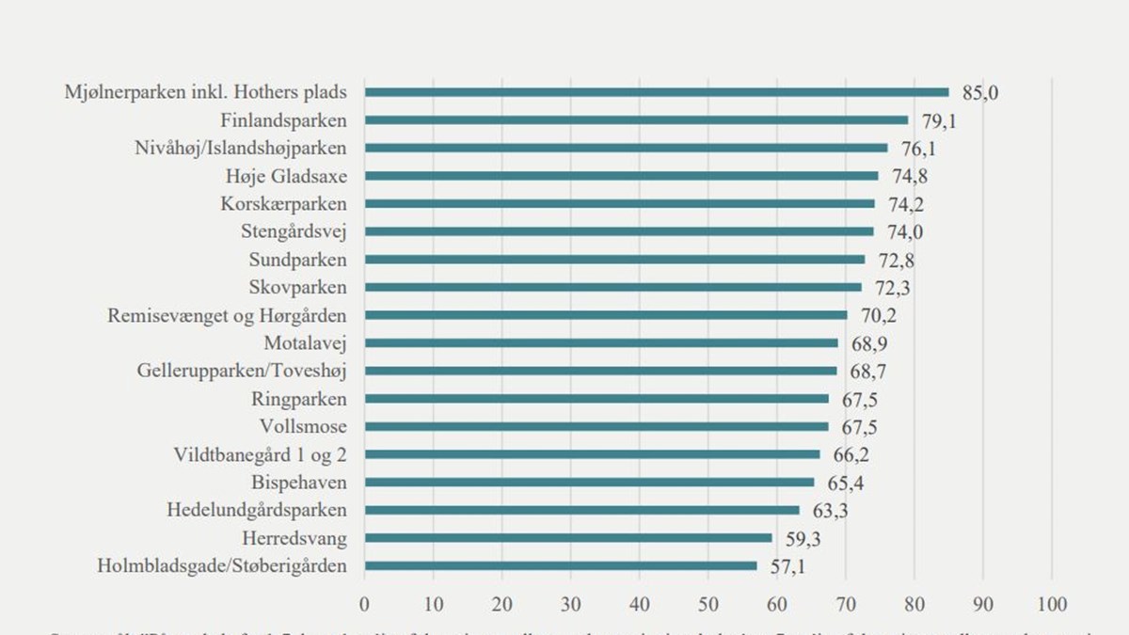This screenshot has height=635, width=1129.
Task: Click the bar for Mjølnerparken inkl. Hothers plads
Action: tap(657, 92)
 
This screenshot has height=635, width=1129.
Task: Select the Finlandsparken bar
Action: tap(636, 120)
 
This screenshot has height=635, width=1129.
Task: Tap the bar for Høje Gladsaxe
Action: tap(621, 176)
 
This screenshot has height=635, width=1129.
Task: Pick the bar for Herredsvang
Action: tap(568, 538)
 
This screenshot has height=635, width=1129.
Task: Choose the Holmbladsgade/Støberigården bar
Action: tap(561, 566)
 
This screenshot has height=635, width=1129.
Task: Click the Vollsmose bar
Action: tap(596, 426)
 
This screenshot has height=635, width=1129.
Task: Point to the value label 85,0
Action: tap(979, 92)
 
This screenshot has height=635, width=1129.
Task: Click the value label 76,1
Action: tap(918, 149)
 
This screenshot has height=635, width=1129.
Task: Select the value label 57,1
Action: tap(787, 566)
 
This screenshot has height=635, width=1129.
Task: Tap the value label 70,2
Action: tap(878, 315)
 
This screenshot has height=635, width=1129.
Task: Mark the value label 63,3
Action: tap(830, 511)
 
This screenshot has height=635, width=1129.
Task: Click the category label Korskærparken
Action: tap(283, 204)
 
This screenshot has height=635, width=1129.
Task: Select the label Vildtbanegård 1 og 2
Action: tap(260, 454)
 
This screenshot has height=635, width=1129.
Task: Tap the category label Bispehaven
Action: tap(299, 483)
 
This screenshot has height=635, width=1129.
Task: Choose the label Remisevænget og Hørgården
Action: tap(227, 315)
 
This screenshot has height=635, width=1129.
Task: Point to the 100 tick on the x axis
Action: tap(1052, 603)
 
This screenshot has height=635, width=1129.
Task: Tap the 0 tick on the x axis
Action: tap(365, 603)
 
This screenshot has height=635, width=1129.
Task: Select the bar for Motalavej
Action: tap(601, 343)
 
